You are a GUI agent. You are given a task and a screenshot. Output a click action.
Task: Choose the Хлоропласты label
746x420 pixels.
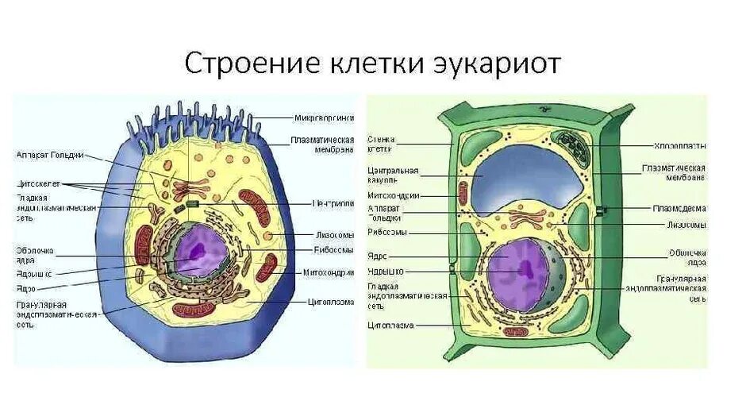679,146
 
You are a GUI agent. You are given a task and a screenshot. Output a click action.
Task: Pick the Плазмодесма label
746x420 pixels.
679,208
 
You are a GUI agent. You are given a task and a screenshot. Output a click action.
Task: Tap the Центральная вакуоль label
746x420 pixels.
393,175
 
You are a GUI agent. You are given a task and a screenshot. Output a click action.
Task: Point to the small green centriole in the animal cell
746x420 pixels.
192,205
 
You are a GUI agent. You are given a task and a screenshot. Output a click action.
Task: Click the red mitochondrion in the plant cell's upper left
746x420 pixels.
463,191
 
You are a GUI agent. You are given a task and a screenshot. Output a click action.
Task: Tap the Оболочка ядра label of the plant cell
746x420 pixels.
686,256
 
